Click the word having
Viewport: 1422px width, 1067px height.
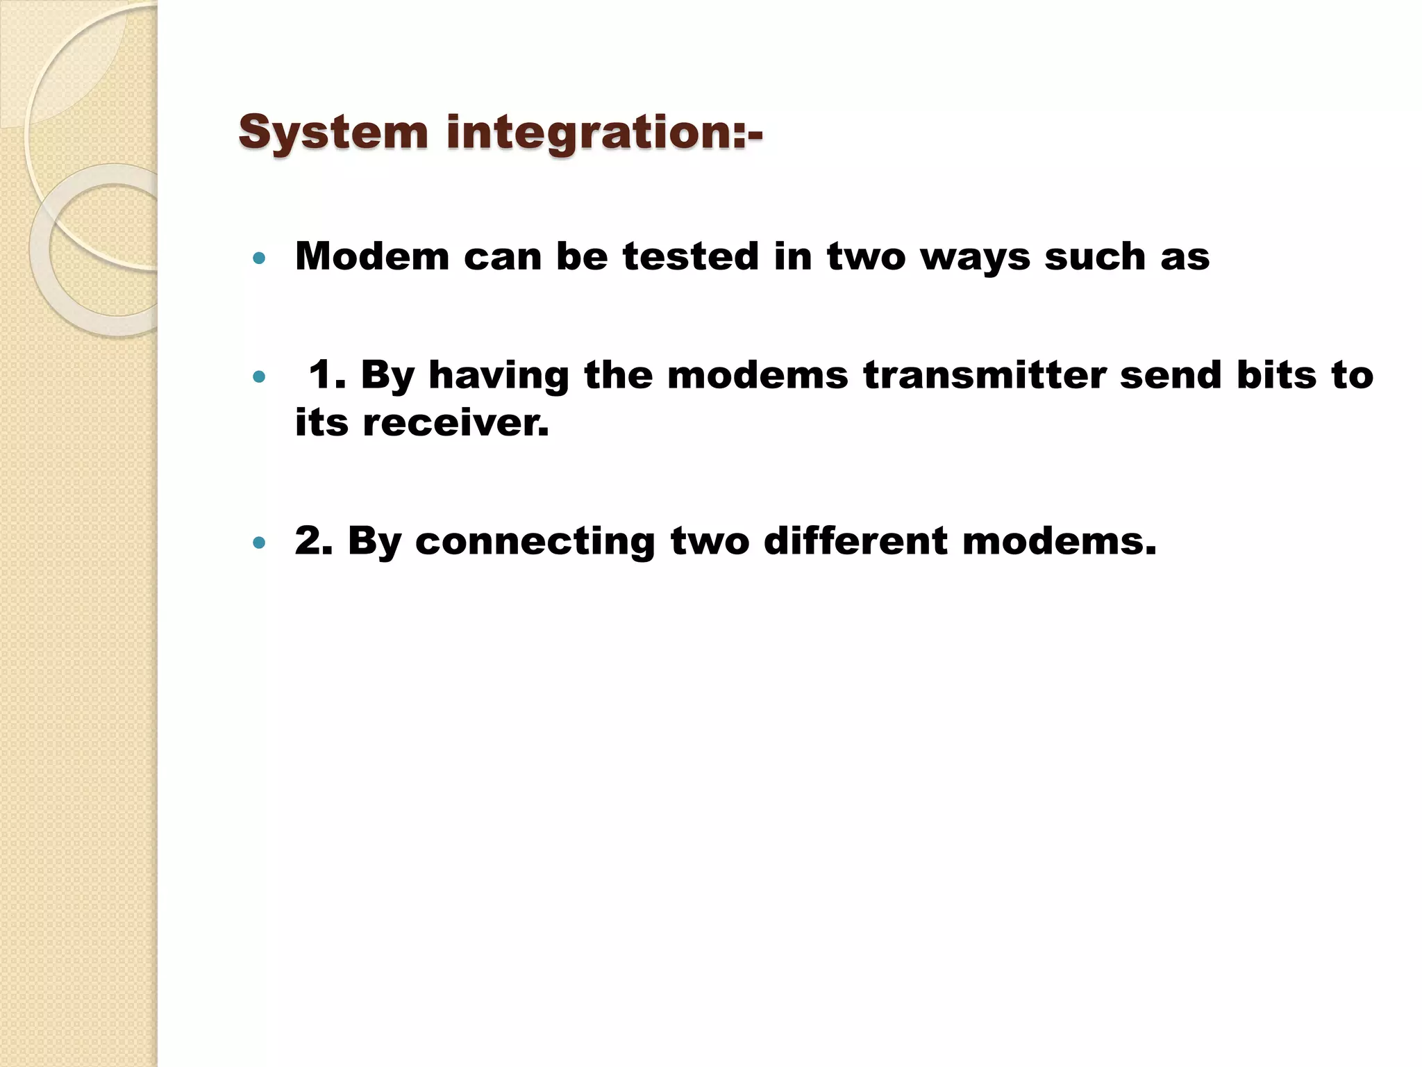point(499,375)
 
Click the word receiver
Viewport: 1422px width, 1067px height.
point(456,422)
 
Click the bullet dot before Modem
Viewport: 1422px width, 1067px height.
point(260,259)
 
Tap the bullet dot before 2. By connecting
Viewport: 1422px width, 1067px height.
point(260,543)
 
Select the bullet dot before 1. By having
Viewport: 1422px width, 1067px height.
point(260,377)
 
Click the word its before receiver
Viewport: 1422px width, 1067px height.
point(321,422)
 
